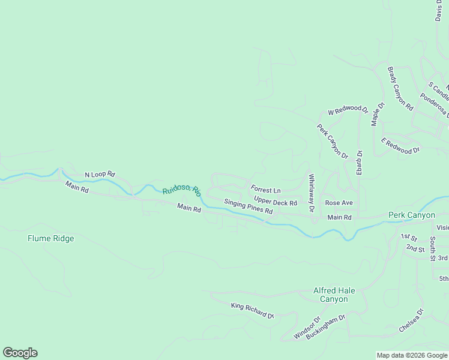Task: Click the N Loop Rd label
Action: pos(100,175)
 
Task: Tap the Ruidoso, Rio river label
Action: pos(181,191)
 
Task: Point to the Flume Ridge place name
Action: pos(51,238)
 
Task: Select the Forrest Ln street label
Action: pos(265,190)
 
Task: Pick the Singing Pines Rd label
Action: pos(249,207)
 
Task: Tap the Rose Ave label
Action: pos(339,203)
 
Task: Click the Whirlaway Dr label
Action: pos(311,193)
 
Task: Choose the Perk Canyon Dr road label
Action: pos(333,141)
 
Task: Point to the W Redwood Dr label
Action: pos(348,110)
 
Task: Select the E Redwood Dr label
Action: pos(400,146)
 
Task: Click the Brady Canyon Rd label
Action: pos(400,89)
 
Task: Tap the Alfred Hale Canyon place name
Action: pos(334,295)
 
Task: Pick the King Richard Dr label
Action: pos(252,310)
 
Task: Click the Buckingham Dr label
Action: pos(326,326)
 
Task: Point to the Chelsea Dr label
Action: pos(412,320)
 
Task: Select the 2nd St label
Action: pos(415,248)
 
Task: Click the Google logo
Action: pos(20,353)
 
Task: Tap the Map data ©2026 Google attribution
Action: pos(412,355)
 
